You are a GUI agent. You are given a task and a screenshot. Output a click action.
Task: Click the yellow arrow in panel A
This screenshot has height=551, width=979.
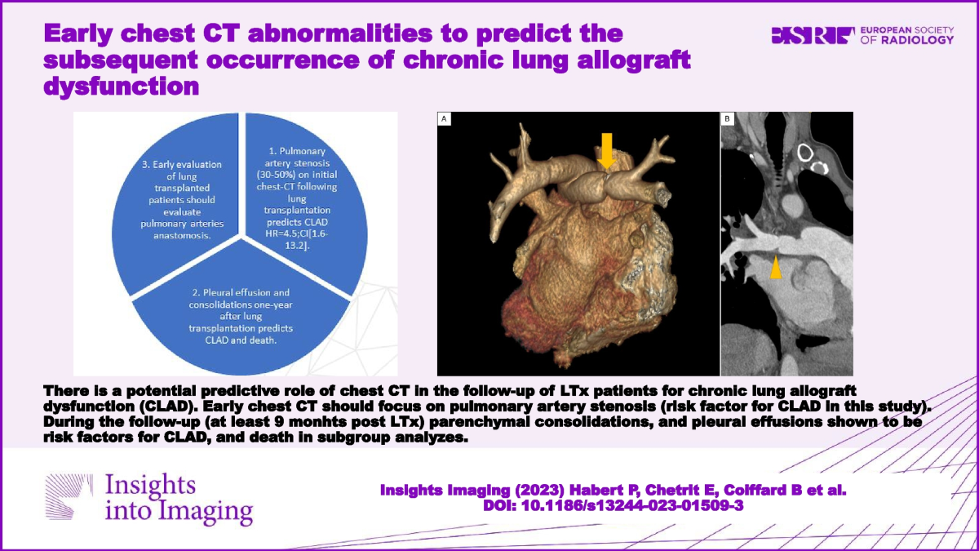607,151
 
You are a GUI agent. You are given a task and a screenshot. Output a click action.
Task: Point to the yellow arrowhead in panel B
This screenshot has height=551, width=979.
776,267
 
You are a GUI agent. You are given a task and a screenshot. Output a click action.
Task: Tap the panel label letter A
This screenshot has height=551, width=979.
444,119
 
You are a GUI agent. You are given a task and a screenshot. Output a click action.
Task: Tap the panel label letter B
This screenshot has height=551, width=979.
727,118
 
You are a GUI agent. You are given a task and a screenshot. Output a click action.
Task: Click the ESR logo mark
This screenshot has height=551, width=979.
813,35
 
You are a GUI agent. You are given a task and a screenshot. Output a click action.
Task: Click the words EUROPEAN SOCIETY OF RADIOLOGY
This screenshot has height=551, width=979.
907,35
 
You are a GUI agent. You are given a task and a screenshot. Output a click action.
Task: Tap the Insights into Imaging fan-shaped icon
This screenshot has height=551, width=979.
69,496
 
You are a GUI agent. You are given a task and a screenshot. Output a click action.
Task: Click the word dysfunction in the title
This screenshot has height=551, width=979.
121,86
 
